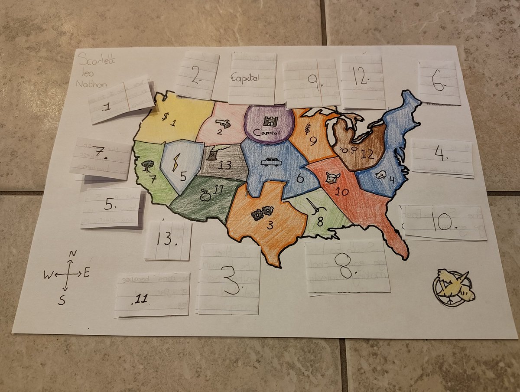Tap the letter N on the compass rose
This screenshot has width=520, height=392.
point(73,254)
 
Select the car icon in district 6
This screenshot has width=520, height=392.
point(271,162)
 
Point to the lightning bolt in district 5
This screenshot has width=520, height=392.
point(177,164)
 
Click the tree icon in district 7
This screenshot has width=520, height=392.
point(148,165)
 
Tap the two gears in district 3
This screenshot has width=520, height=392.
point(262,213)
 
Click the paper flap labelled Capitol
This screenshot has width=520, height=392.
point(252,78)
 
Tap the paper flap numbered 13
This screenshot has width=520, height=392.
point(168,240)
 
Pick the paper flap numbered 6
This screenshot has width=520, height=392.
point(439,82)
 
